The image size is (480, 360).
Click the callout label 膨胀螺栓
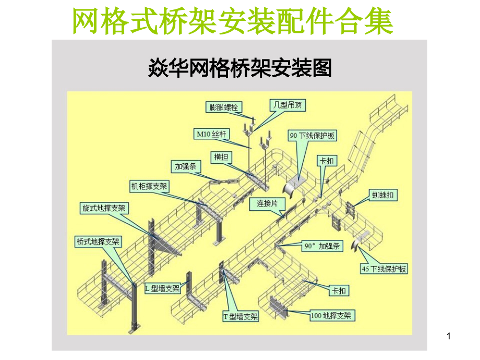click(x=223, y=107)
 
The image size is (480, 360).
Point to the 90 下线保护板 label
click(x=312, y=136)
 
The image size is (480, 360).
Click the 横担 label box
click(x=221, y=157)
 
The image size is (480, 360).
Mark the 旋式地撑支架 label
click(x=104, y=208)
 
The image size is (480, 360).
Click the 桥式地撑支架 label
click(x=98, y=242)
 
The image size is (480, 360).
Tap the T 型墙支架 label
click(x=241, y=316)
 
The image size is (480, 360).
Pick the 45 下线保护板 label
click(x=384, y=269)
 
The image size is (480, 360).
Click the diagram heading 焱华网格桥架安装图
click(x=241, y=68)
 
